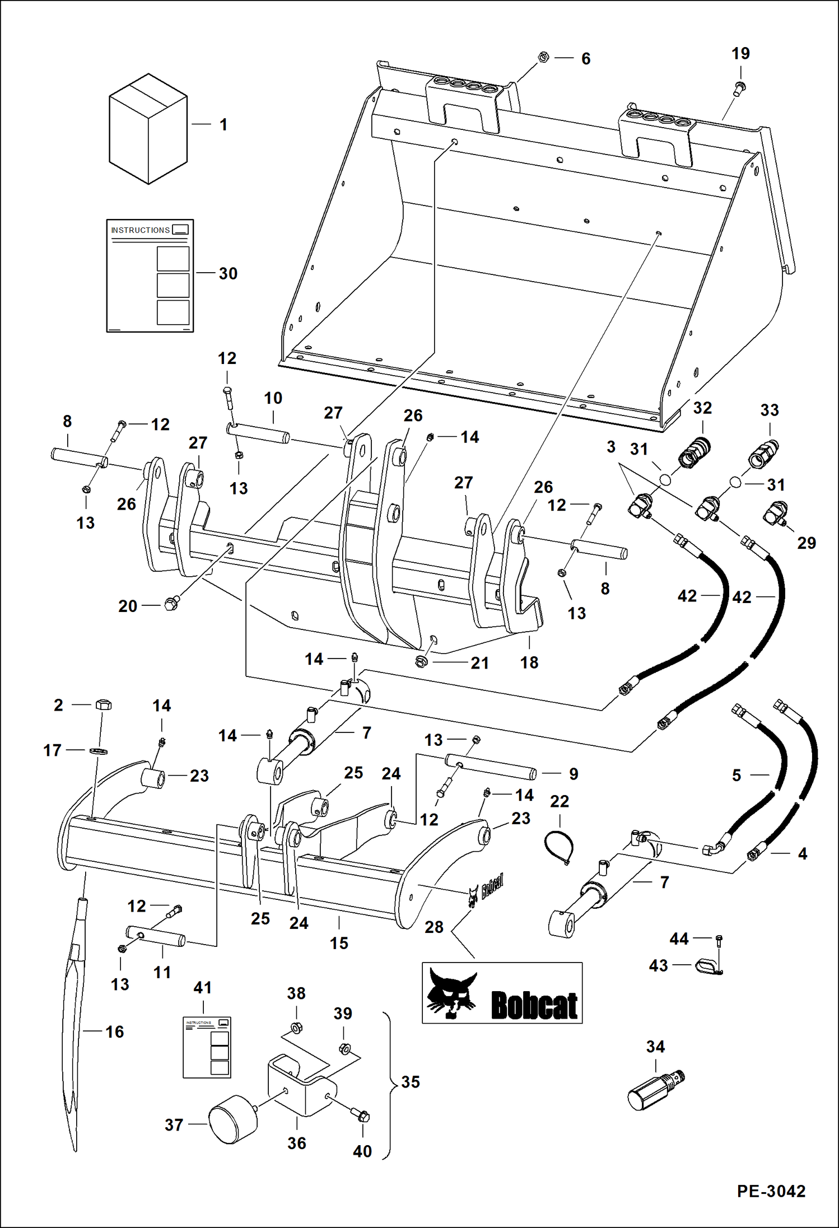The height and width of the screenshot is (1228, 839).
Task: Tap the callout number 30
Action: click(x=228, y=274)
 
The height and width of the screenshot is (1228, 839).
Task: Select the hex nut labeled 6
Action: click(x=543, y=57)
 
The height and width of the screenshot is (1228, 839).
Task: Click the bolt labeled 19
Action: click(x=740, y=87)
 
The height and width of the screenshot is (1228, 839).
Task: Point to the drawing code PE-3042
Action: click(x=771, y=1191)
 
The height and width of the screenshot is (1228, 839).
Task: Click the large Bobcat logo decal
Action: click(x=502, y=993)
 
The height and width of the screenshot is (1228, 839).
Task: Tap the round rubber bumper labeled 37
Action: click(x=233, y=1119)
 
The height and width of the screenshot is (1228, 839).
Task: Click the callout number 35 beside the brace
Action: click(x=410, y=1082)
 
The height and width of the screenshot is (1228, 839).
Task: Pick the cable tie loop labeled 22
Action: click(x=560, y=845)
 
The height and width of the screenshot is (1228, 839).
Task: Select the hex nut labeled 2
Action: click(x=103, y=704)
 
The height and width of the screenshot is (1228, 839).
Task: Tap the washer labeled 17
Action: click(x=98, y=750)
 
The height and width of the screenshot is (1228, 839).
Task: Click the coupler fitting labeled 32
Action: click(x=694, y=451)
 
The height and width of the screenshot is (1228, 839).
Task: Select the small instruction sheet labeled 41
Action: click(x=207, y=1047)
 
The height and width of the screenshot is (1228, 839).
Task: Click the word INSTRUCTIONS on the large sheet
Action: click(x=140, y=230)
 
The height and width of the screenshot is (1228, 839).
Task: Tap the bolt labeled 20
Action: click(x=171, y=604)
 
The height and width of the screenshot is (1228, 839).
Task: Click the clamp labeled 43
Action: click(x=707, y=965)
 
